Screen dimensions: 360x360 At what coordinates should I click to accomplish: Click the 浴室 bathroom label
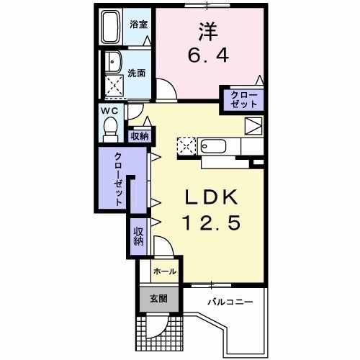point(138,24)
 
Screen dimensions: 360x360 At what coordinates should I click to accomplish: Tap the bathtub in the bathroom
point(110,27)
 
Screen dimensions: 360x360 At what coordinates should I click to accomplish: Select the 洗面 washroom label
point(136,73)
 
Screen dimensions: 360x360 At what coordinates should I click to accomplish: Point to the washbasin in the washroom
point(114,61)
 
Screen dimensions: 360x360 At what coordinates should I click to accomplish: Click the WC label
point(109,111)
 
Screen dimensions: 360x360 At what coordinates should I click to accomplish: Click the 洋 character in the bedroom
point(208,32)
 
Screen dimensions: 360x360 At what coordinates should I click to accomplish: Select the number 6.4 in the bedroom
point(208,55)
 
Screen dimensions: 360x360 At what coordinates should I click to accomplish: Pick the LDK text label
point(212,197)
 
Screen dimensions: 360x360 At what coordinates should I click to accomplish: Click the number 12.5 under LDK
point(212,222)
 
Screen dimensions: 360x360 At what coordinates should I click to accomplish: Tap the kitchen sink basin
point(214,146)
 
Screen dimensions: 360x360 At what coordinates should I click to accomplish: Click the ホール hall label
point(165,271)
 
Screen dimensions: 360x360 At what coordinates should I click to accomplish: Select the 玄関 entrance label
point(158,299)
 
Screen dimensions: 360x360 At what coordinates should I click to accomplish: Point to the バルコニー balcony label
point(230,302)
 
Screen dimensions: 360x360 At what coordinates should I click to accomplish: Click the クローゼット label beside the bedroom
point(244,99)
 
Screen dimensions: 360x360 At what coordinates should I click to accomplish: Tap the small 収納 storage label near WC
point(140,137)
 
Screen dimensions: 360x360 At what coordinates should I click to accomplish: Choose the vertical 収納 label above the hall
point(138,236)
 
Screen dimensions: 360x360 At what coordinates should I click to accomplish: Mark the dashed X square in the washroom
point(114,85)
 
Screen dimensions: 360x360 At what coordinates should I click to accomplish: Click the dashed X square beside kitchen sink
point(186,146)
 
